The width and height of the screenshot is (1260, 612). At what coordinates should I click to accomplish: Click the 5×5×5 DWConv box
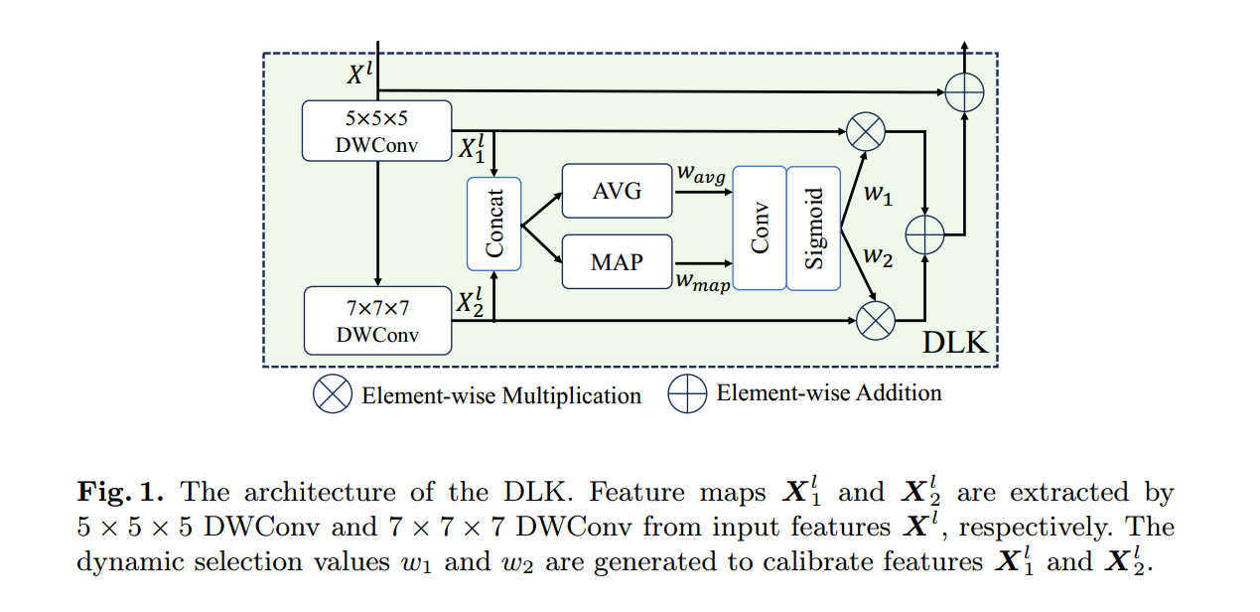376,130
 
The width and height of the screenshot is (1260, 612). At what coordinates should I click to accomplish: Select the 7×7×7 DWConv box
377,320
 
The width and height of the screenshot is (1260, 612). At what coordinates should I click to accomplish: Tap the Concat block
494,224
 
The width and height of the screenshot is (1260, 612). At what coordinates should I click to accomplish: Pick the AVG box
617,191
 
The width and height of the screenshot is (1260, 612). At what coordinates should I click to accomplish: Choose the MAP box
617,262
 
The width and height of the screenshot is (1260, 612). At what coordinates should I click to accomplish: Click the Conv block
760,228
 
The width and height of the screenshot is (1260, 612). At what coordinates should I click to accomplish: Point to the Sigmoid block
813,228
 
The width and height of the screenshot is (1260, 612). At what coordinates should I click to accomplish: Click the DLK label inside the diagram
955,343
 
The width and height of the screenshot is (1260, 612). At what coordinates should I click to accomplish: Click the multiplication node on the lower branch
876,320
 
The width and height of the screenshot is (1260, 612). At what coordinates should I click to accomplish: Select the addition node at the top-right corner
963,92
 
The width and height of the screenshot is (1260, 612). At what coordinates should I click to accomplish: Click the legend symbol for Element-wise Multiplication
332,394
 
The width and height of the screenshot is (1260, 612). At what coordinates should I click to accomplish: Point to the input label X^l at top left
359,74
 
